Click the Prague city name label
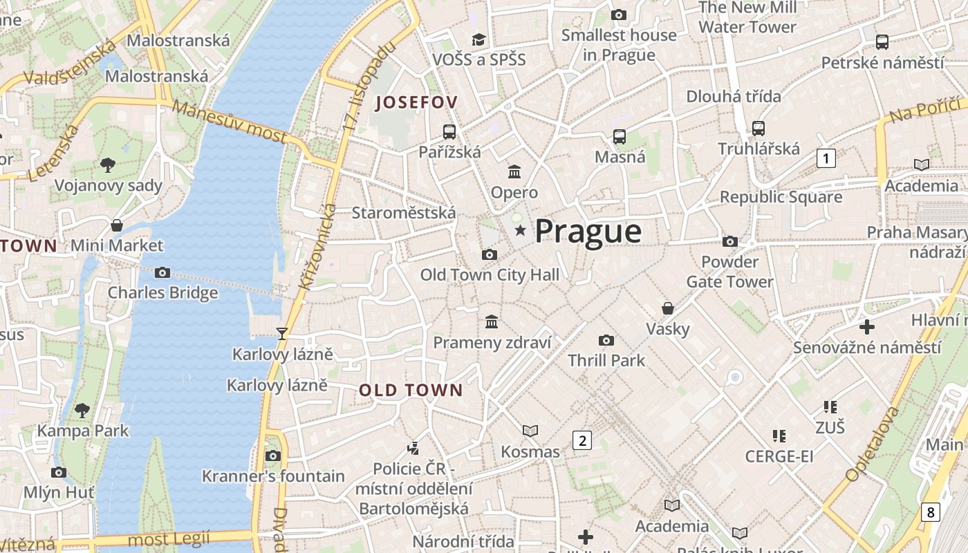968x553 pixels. tap(588, 231)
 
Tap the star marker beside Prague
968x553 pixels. tap(520, 230)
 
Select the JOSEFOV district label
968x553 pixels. tap(416, 103)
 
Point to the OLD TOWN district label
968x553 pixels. tap(411, 390)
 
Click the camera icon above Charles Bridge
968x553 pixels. tap(162, 272)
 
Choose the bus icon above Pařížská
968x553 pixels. tap(449, 131)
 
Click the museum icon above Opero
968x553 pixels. tap(514, 171)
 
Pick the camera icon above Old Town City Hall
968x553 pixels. tap(490, 254)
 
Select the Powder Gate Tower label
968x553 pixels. tap(729, 272)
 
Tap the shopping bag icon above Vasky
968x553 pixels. tap(668, 308)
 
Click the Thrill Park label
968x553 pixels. tap(606, 360)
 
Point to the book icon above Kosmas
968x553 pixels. tap(530, 431)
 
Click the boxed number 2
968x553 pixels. tap(582, 440)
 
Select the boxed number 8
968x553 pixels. tap(931, 512)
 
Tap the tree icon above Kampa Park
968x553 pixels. tap(82, 410)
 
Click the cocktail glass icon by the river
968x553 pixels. tap(281, 334)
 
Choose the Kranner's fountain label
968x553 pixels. tap(273, 476)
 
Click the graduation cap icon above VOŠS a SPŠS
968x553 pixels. tap(478, 39)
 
